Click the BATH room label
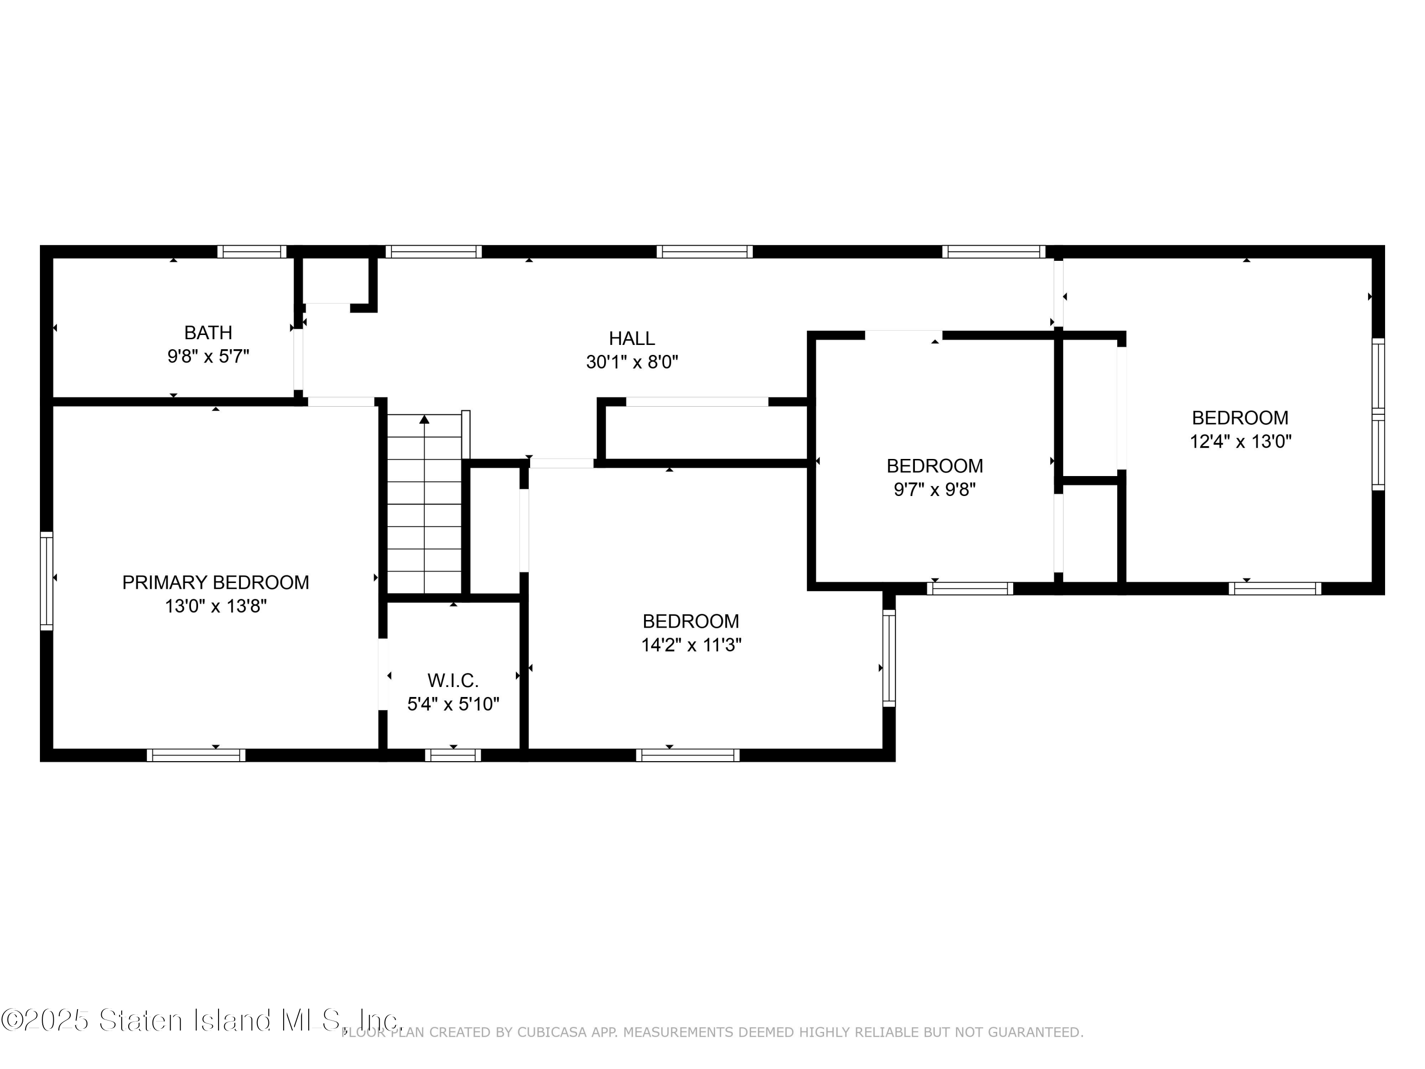208,333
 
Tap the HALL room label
632,338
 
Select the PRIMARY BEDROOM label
216,582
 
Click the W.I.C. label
453,680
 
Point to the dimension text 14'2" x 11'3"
691,645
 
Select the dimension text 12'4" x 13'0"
1241,441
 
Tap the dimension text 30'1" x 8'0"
632,362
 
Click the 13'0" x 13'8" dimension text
216,606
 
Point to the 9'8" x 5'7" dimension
208,356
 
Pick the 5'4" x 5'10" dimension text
453,704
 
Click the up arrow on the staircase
424,420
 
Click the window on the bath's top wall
251,251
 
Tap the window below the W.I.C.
453,755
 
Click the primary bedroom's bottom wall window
196,755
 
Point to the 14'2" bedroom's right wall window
889,658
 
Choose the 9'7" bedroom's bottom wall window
970,588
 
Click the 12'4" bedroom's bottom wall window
1275,588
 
